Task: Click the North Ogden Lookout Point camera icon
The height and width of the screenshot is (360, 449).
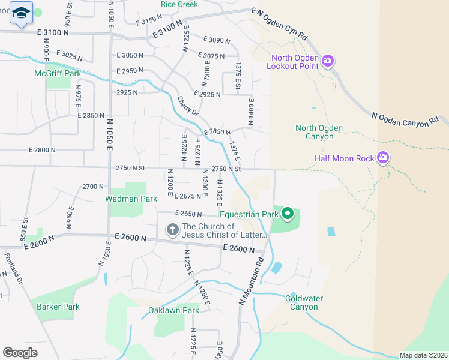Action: [x=328, y=61]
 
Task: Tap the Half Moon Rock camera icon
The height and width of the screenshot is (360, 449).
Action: [x=383, y=158]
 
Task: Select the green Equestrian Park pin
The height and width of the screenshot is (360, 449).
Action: [x=288, y=213]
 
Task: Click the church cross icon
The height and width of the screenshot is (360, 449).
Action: [x=172, y=230]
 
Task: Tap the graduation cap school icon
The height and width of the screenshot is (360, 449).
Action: [x=22, y=13]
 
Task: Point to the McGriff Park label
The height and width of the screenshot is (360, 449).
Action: [x=58, y=74]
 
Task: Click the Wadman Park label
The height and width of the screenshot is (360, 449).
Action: [x=131, y=198]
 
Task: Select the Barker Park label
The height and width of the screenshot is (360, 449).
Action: [x=58, y=307]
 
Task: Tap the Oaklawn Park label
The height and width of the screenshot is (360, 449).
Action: [x=173, y=310]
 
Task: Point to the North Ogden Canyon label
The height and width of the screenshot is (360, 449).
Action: [x=319, y=132]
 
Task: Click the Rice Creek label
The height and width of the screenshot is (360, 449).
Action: [x=179, y=4]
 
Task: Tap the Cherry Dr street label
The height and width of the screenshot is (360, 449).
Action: [x=187, y=106]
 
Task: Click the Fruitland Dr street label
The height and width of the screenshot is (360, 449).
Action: [x=13, y=268]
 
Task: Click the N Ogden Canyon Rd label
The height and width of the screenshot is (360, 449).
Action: [x=409, y=119]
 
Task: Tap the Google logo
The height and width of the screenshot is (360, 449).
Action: [x=21, y=352]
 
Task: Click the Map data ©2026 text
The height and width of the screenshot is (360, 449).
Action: [x=423, y=355]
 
